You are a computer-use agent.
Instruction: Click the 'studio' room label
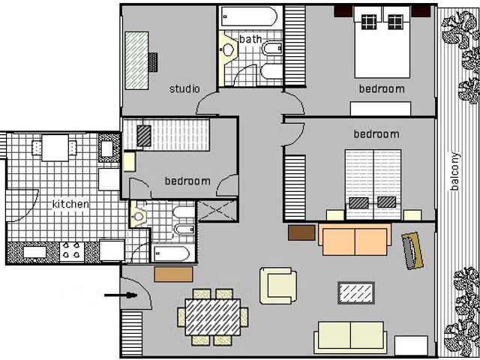click(184, 88)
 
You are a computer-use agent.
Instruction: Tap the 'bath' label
click(250, 39)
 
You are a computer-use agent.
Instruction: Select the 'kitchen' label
click(70, 204)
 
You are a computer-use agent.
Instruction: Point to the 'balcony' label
click(455, 171)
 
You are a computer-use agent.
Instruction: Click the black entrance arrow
click(121, 295)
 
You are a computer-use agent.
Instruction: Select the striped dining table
click(213, 317)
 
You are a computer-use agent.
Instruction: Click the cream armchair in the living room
click(278, 286)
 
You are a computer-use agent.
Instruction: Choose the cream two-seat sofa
click(350, 337)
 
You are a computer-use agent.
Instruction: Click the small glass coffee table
click(356, 293)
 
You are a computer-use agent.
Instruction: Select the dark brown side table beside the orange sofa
click(301, 232)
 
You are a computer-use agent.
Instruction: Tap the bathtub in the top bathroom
click(250, 16)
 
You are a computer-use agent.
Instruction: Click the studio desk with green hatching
click(136, 61)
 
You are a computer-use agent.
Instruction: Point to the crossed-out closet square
click(217, 211)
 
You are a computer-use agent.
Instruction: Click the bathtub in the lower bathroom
click(172, 253)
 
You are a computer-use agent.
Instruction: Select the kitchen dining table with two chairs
click(55, 148)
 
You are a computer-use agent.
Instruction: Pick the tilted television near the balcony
click(412, 250)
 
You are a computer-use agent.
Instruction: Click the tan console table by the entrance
click(173, 274)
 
